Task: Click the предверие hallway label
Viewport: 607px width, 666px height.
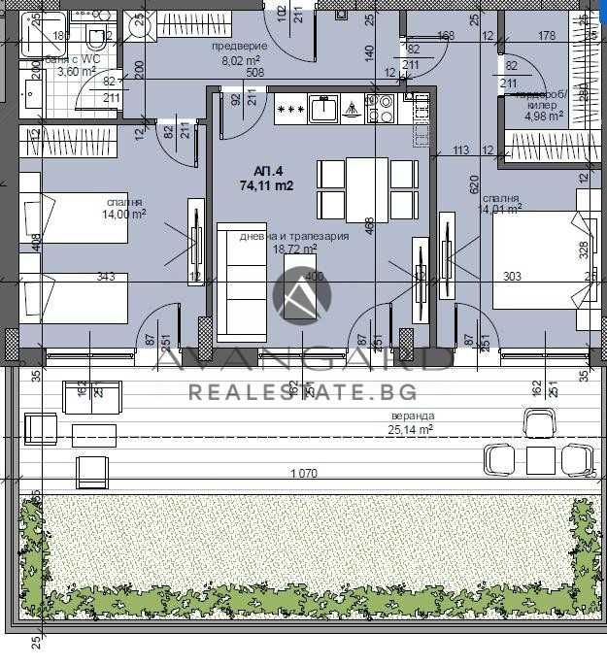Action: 237,46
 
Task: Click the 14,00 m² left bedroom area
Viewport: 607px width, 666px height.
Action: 126,215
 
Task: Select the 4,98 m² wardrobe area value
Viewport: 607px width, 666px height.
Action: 543,116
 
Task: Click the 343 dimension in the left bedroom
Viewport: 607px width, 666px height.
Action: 106,277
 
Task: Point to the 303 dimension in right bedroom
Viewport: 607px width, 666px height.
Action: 513,277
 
